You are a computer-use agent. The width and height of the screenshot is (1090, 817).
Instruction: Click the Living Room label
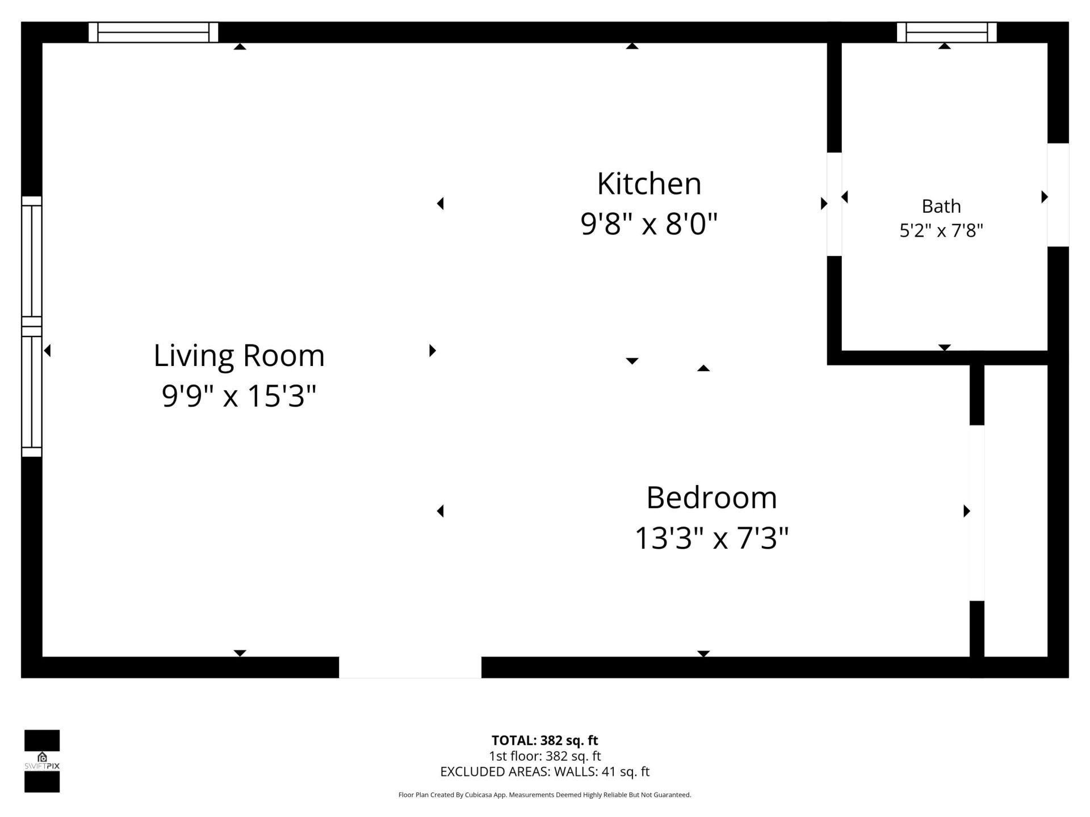tap(239, 356)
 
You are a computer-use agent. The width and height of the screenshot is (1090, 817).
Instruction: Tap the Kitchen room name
tap(649, 184)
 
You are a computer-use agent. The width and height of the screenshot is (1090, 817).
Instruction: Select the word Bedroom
tap(711, 498)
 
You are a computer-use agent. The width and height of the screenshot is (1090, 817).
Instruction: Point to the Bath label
tap(941, 206)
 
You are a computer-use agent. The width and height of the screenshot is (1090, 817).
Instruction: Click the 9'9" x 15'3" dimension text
tap(239, 395)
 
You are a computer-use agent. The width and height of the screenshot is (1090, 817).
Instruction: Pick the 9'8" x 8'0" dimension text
tap(649, 224)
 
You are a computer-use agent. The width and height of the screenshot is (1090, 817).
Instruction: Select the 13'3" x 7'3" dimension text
tap(711, 538)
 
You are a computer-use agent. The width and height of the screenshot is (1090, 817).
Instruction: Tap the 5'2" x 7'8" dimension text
tap(941, 231)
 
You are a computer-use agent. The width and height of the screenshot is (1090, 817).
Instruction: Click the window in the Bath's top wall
tap(946, 32)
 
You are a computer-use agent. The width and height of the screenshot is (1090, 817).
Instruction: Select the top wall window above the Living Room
tap(153, 32)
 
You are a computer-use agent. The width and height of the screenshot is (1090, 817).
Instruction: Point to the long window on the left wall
tap(32, 326)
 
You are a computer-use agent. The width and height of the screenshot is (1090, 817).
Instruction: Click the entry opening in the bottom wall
tap(410, 667)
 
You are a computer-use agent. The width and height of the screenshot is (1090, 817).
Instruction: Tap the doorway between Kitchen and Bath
tap(834, 204)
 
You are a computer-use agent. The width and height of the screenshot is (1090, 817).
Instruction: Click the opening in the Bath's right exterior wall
tap(1058, 195)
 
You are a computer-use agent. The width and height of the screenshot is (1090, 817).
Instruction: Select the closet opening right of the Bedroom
tap(976, 512)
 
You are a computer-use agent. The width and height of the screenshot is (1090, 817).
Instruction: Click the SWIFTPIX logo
tap(42, 761)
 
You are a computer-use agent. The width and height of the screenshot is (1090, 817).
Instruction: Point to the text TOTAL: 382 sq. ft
tap(544, 740)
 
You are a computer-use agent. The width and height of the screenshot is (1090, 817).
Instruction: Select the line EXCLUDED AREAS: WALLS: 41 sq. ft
tap(544, 772)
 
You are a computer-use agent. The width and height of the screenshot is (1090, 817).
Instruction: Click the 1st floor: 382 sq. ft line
tap(544, 756)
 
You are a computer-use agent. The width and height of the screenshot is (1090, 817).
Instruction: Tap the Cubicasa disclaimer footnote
tap(544, 795)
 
